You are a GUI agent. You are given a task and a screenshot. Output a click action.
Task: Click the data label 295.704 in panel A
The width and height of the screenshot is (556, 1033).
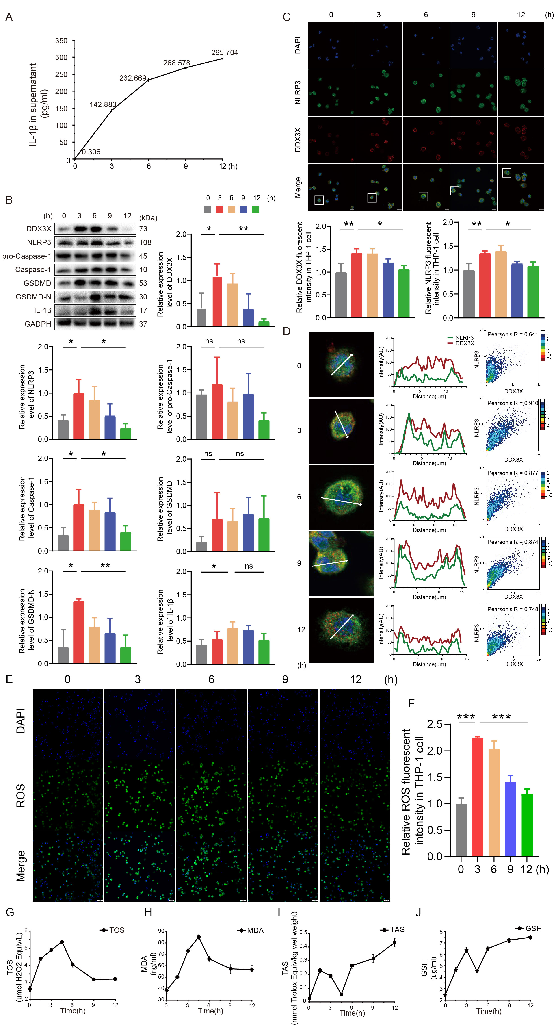(x=225, y=52)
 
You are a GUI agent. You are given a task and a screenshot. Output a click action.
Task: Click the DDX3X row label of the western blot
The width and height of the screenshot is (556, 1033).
(x=39, y=229)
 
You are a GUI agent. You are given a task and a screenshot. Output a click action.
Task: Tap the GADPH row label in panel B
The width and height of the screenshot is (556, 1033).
(x=38, y=324)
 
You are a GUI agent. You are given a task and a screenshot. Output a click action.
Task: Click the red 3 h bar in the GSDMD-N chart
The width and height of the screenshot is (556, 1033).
(x=79, y=632)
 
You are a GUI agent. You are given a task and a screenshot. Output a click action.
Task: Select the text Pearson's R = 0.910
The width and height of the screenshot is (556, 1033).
(x=512, y=403)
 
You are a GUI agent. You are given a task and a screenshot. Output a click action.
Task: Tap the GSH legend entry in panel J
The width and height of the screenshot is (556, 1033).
(x=529, y=928)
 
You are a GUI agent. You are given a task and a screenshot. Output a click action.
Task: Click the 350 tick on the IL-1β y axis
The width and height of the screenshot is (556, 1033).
(x=61, y=41)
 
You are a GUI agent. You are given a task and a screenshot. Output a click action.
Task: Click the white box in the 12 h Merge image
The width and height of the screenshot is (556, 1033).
(x=507, y=173)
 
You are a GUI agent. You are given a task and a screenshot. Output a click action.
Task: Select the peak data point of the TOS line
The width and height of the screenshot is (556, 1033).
(x=62, y=942)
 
